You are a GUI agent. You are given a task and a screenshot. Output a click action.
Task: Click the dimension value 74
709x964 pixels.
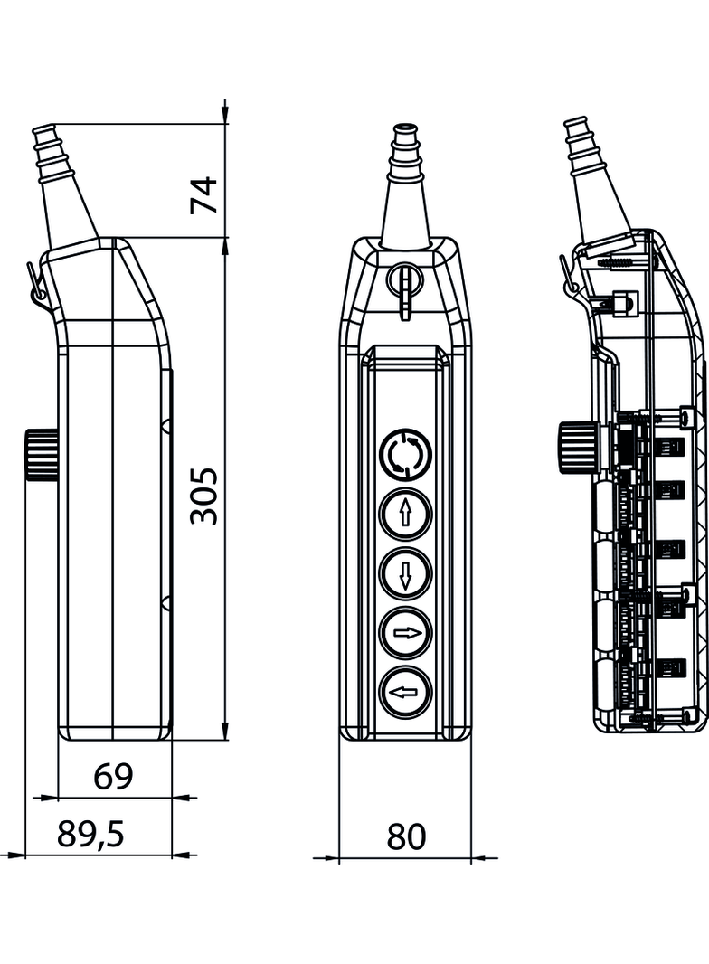(x=205, y=194)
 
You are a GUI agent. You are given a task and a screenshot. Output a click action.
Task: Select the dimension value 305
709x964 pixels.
(x=205, y=496)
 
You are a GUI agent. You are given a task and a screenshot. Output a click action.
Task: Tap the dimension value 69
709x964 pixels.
(x=113, y=776)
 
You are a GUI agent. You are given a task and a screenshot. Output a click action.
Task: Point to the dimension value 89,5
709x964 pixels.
(x=90, y=835)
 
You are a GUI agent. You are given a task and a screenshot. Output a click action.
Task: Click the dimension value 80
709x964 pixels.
(x=406, y=836)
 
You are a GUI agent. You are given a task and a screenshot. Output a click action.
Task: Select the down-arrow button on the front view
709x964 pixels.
(x=406, y=572)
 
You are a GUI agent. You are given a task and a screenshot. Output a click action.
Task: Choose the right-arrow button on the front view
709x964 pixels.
(x=406, y=632)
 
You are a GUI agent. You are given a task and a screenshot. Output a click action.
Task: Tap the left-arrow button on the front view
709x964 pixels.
(x=406, y=692)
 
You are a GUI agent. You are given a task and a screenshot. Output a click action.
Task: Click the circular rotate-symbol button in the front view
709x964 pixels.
(x=406, y=455)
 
